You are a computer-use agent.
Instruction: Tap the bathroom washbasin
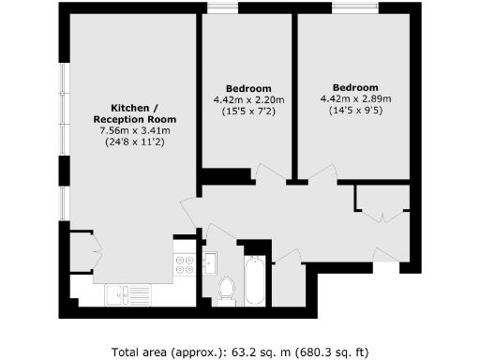pyautogui.click(x=210, y=261)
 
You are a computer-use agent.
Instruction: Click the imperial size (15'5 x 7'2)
pyautogui.click(x=248, y=112)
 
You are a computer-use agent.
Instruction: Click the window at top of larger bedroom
pyautogui.click(x=355, y=10)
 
